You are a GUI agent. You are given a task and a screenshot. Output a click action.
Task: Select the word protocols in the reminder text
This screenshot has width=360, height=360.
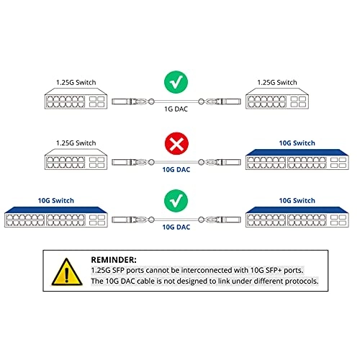297,282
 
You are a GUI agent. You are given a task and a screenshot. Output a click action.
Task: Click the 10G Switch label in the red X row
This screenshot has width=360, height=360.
296,143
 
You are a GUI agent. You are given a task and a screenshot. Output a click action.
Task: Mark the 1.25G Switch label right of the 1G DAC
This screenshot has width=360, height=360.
276,82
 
